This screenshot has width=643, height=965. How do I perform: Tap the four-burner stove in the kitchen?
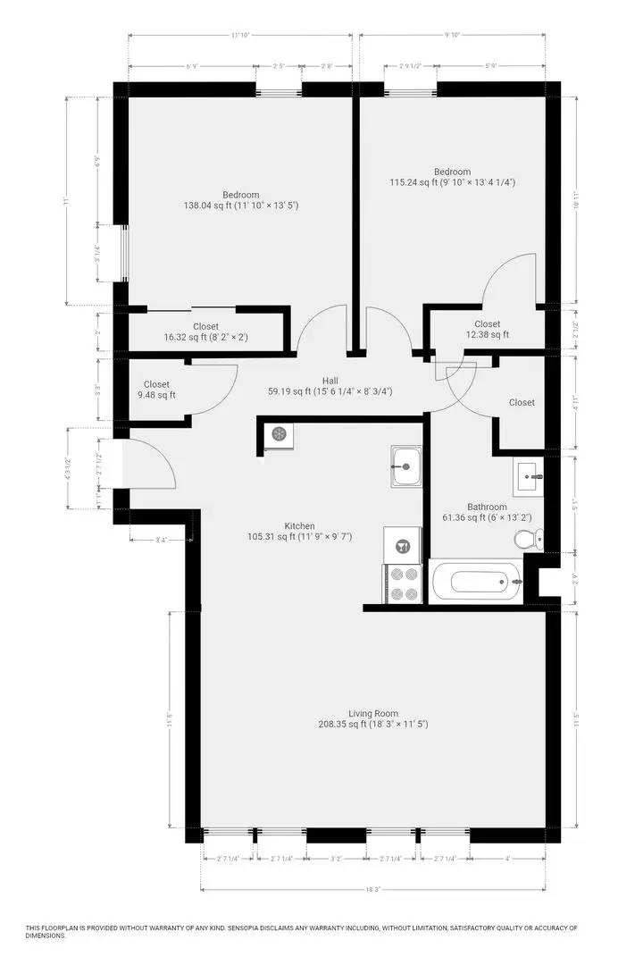(402, 584)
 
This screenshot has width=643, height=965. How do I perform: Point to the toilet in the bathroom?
(529, 539)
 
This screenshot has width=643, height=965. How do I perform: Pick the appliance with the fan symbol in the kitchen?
(280, 434)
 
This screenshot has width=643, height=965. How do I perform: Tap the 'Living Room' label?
(373, 713)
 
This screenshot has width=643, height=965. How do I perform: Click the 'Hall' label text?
(330, 380)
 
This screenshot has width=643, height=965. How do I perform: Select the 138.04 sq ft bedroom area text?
(241, 206)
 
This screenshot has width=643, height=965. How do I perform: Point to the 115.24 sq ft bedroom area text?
(452, 182)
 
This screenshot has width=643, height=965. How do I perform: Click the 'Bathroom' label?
(487, 507)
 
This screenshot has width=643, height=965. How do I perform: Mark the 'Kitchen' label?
(299, 525)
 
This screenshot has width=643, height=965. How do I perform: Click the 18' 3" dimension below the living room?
(372, 889)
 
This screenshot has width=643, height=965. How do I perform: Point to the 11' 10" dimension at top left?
(238, 36)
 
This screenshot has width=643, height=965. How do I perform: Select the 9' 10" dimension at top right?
(452, 36)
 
